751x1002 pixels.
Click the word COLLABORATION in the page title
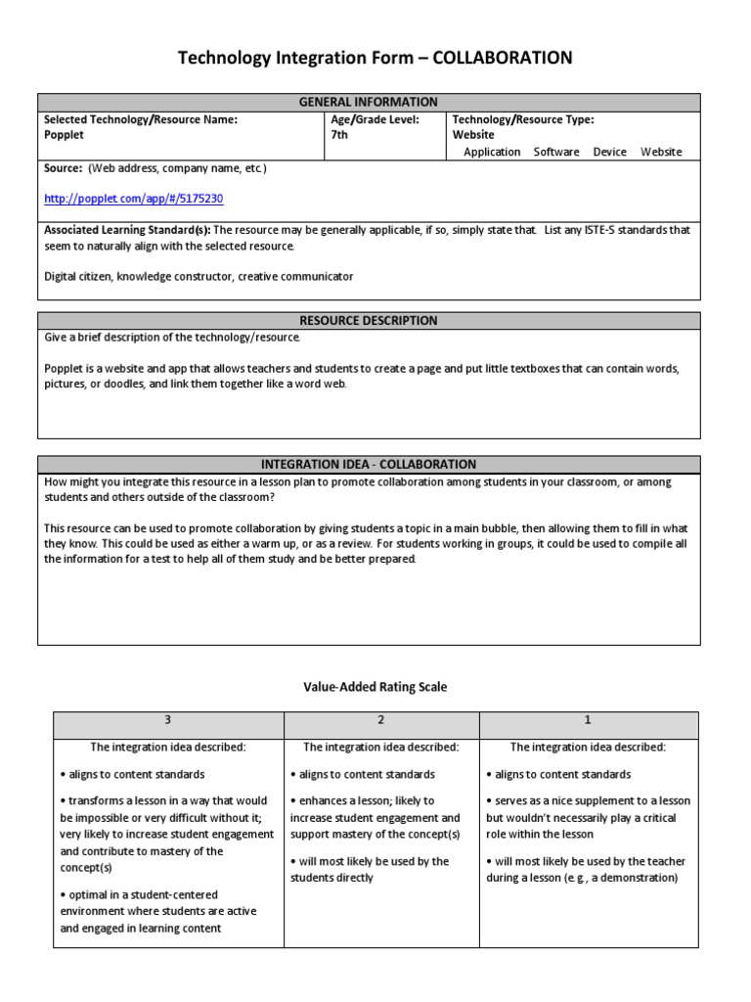point(497,59)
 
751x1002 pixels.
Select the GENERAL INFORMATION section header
point(369,102)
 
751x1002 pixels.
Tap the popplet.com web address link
point(134,198)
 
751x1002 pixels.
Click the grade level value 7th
point(340,135)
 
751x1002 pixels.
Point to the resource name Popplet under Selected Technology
point(65,135)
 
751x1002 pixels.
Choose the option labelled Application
point(492,152)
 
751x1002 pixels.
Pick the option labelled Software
point(556,152)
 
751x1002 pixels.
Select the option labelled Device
point(610,152)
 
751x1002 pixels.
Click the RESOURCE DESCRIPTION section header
point(369,320)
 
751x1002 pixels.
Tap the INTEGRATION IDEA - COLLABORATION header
point(369,464)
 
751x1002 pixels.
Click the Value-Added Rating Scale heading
point(375,687)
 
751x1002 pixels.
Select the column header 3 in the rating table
point(167,720)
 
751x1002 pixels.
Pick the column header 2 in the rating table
point(380,720)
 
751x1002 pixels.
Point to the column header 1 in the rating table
point(588,720)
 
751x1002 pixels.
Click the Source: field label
point(64,168)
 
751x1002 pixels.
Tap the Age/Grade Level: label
point(375,119)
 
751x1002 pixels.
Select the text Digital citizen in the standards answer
point(77,277)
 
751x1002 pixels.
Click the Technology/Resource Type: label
point(522,119)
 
